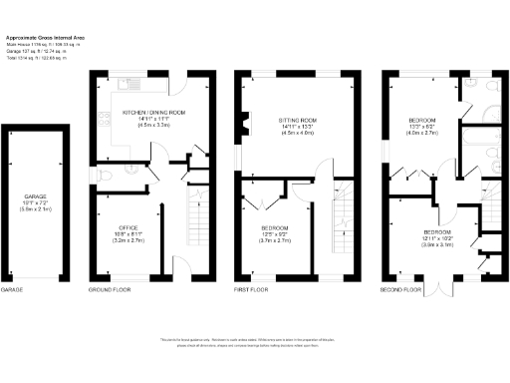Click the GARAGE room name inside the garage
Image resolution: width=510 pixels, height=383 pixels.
(36, 197)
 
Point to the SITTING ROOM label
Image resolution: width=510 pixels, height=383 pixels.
(296, 119)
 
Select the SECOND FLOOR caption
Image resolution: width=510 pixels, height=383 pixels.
(398, 290)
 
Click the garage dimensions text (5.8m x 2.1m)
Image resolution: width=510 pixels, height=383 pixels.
(36, 210)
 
